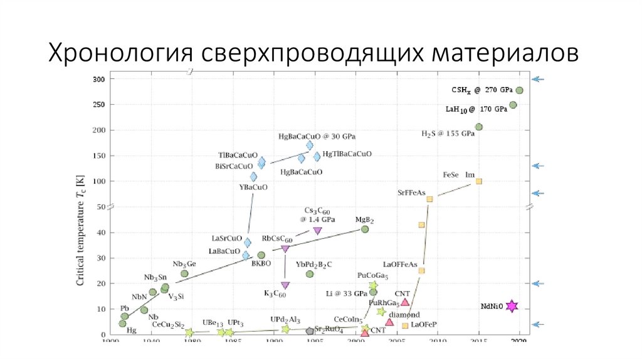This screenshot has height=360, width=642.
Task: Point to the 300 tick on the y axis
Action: click(99, 79)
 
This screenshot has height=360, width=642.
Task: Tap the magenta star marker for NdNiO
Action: click(512, 306)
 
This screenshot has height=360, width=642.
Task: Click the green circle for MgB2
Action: click(364, 230)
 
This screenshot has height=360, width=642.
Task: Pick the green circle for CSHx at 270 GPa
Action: click(519, 90)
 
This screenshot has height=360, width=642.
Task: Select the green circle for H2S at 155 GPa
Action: click(479, 127)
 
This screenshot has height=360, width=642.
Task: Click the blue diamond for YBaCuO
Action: click(254, 177)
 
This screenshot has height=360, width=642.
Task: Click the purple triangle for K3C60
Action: click(285, 285)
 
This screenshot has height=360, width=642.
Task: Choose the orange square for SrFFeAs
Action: click(429, 199)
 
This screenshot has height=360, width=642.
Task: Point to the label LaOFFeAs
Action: click(400, 265)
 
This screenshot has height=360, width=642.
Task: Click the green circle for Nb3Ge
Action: click(184, 273)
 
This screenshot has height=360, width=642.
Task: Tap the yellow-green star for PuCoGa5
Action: click(373, 285)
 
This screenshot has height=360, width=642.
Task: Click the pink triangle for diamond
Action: click(389, 322)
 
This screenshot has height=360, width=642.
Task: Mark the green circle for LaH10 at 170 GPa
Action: click(513, 105)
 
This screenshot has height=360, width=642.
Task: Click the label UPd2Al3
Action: click(285, 319)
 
